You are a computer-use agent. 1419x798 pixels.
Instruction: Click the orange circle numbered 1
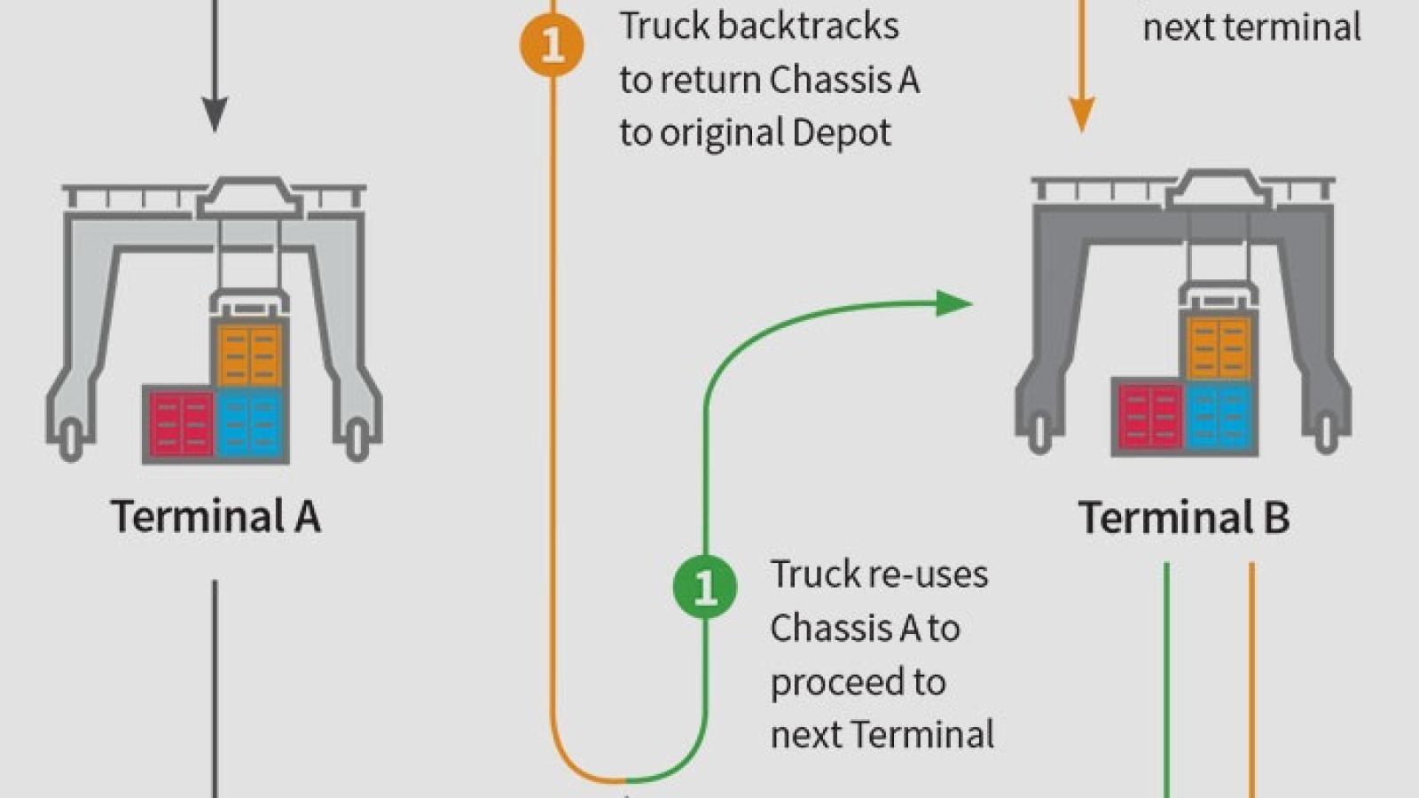tap(552, 43)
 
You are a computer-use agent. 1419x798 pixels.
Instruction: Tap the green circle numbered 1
tap(705, 586)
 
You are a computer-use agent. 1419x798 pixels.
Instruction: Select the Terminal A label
tap(216, 516)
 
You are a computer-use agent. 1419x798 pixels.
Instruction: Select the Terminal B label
tap(1183, 517)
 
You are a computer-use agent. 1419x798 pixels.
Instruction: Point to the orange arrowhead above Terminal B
tap(1081, 113)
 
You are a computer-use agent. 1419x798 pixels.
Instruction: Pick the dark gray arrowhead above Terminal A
tap(215, 113)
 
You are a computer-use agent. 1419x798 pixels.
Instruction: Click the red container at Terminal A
tap(181, 424)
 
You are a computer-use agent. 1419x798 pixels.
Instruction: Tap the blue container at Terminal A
tap(250, 424)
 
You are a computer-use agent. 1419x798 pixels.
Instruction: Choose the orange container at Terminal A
tap(250, 355)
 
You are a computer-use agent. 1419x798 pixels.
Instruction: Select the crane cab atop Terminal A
tap(248, 196)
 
